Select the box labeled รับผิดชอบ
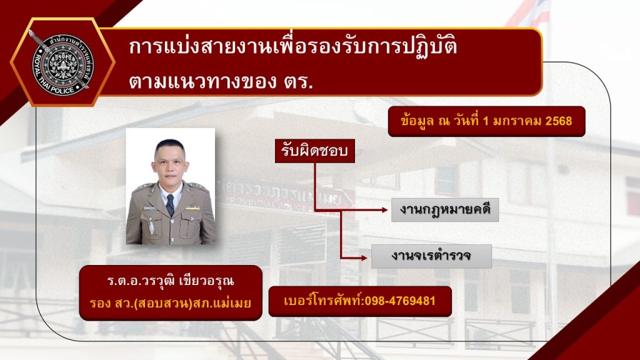(315, 152)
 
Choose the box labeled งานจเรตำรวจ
(431, 256)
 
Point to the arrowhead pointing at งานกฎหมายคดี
(384, 211)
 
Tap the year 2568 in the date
(559, 121)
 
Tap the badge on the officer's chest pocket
(151, 226)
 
